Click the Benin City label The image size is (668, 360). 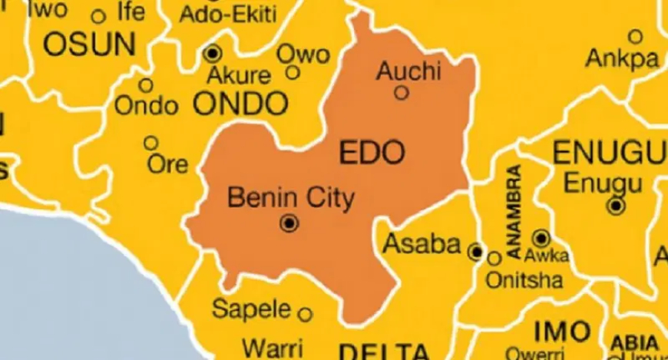coord(292,198)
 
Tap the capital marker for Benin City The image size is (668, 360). coord(289,223)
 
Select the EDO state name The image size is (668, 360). coord(372,154)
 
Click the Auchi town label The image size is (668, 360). coord(408,71)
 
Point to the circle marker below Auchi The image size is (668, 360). coord(401,93)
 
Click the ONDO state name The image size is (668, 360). coord(240,103)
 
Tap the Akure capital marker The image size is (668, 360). coord(213,54)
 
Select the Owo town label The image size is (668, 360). coord(303,54)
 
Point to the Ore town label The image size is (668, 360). coord(168,163)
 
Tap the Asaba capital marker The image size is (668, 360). coord(476,251)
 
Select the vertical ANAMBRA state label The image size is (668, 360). coord(514,211)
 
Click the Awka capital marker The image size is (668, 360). coord(541,238)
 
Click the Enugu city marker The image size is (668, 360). coord(615,206)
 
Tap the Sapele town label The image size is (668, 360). coord(251,309)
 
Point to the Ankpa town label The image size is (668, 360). coord(623,58)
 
